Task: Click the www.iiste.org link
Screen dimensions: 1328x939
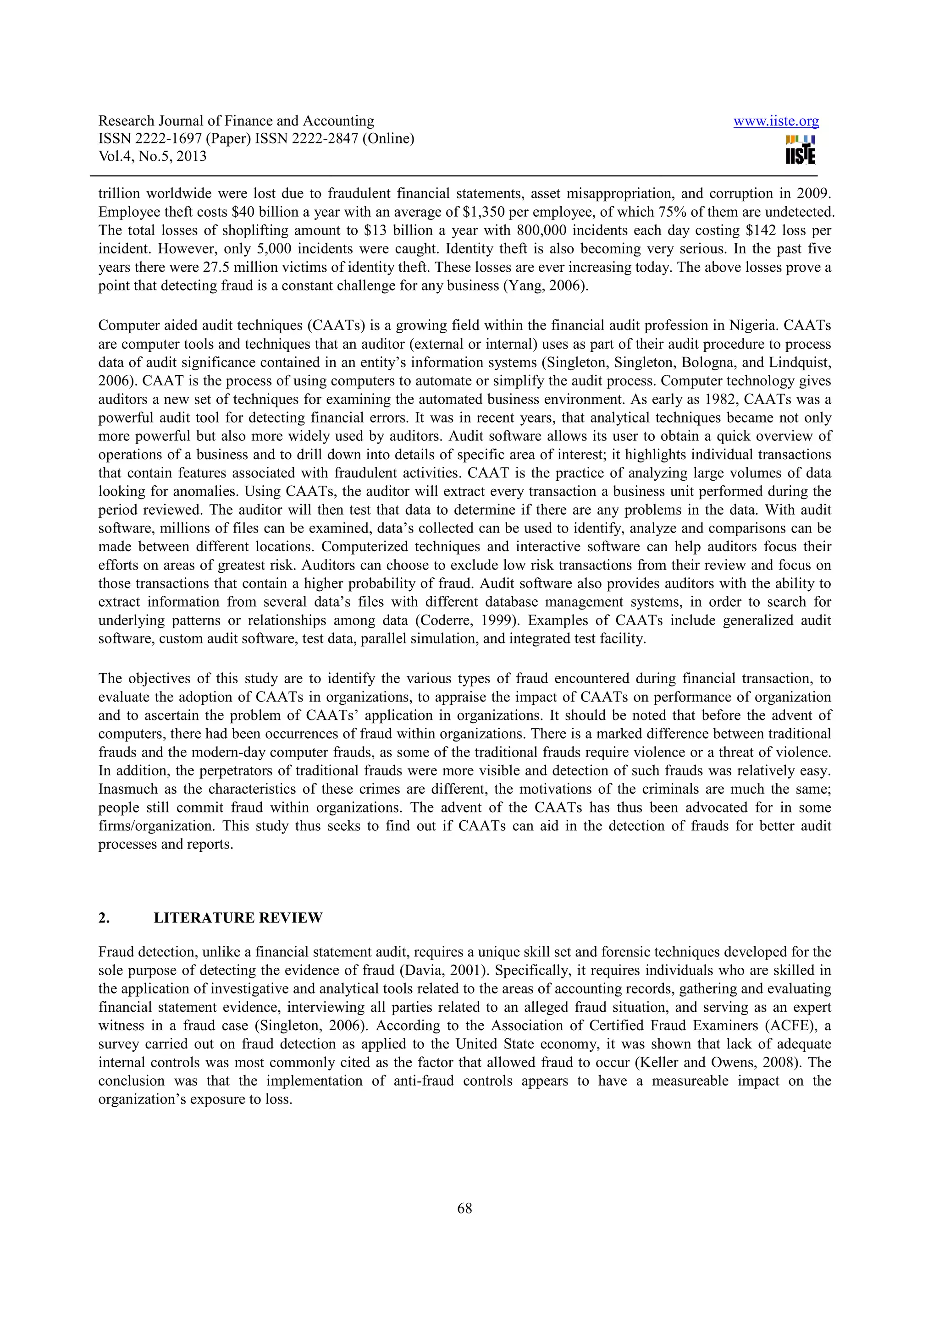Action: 776,121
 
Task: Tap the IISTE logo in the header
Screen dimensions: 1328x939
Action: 801,150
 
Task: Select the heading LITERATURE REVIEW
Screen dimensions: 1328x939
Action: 238,918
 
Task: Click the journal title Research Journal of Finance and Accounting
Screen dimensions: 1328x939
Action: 236,121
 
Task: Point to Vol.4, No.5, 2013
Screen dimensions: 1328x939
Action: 152,156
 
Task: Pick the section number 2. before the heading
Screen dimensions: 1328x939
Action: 104,918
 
